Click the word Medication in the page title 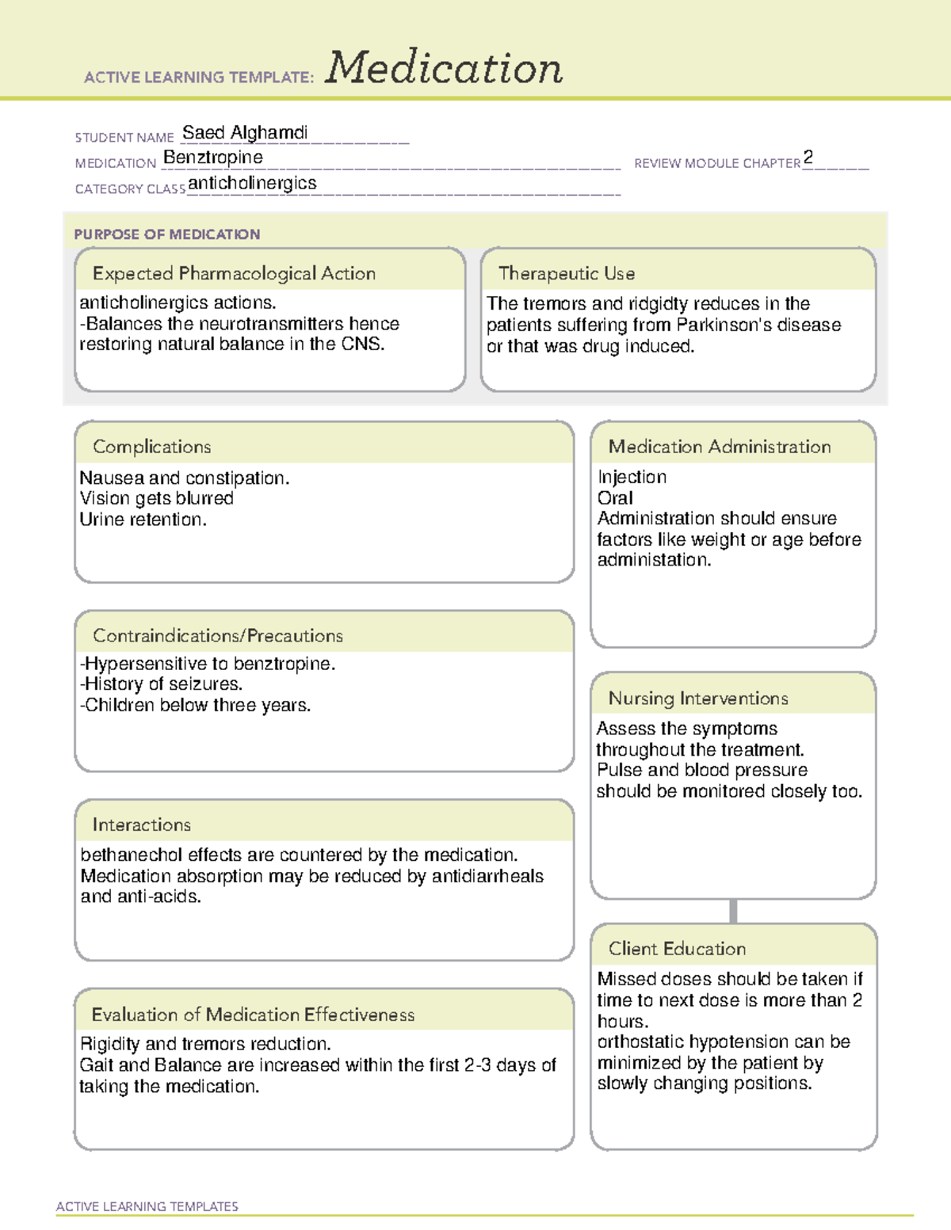(x=444, y=68)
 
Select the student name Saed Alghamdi (x=245, y=132)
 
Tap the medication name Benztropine (x=212, y=158)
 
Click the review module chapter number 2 (x=808, y=158)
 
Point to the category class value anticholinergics (x=252, y=183)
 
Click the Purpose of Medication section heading (x=166, y=234)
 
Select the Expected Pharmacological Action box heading (x=234, y=273)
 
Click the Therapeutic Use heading (x=566, y=273)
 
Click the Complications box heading (x=151, y=447)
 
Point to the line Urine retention (x=143, y=520)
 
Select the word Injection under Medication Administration (x=632, y=477)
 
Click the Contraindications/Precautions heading (x=217, y=635)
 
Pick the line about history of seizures (x=161, y=684)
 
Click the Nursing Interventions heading (x=697, y=698)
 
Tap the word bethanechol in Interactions (x=128, y=855)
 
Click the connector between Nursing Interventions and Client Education (x=733, y=911)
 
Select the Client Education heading (x=677, y=948)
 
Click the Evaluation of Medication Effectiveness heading (x=253, y=1015)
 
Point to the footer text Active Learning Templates (x=147, y=1206)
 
